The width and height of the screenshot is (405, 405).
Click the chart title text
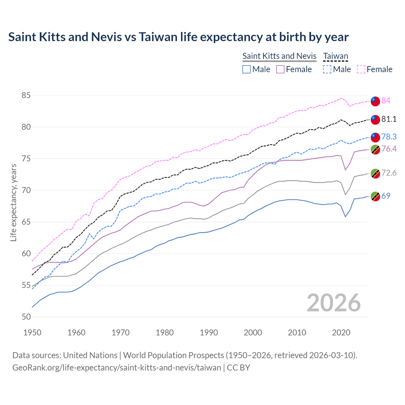click(x=178, y=37)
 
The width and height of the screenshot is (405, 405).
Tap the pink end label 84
click(x=386, y=101)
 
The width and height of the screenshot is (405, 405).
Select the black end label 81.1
click(x=389, y=119)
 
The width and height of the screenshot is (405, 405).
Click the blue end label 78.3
click(x=389, y=137)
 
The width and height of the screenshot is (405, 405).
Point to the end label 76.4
click(x=389, y=149)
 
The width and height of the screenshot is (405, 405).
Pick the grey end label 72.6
click(x=389, y=173)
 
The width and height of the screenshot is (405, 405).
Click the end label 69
click(x=386, y=196)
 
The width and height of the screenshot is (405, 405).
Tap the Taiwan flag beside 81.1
click(x=375, y=120)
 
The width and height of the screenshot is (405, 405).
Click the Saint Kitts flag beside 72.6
click(x=375, y=173)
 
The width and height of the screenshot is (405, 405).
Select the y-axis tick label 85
click(x=26, y=95)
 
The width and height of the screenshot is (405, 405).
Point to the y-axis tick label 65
click(x=26, y=222)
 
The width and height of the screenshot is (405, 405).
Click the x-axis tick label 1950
click(x=32, y=333)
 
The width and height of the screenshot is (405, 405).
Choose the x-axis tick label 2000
click(x=253, y=333)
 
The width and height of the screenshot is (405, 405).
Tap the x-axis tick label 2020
click(x=341, y=333)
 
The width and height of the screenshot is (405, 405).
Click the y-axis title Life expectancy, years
click(x=13, y=202)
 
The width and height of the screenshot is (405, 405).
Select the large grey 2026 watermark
click(x=333, y=303)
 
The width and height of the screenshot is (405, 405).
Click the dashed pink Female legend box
click(x=361, y=69)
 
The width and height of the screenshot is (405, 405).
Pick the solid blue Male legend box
click(x=246, y=69)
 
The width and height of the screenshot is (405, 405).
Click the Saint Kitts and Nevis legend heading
click(x=279, y=56)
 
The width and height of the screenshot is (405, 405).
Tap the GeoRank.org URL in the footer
click(x=116, y=368)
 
